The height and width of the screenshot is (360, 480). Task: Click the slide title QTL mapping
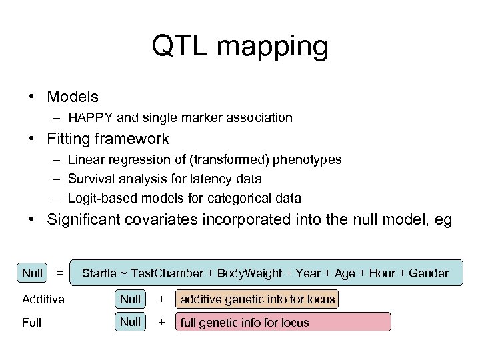coord(240,46)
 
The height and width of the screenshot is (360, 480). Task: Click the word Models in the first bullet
coord(73,97)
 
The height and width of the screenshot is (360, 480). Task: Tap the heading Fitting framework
coord(108,139)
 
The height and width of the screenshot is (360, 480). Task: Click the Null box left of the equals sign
coord(32,272)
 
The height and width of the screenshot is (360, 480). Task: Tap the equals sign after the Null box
coord(59,273)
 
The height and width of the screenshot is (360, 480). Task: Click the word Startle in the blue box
coord(99,273)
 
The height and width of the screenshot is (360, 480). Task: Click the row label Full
coord(31,323)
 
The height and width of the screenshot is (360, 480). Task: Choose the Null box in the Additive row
coord(130,299)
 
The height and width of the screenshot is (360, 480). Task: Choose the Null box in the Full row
coord(130,322)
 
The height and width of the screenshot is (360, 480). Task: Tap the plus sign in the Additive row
coord(160,299)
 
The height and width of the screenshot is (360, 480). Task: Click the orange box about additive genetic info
coord(257,299)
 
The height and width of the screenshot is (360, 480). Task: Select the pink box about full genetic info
coord(283,323)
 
